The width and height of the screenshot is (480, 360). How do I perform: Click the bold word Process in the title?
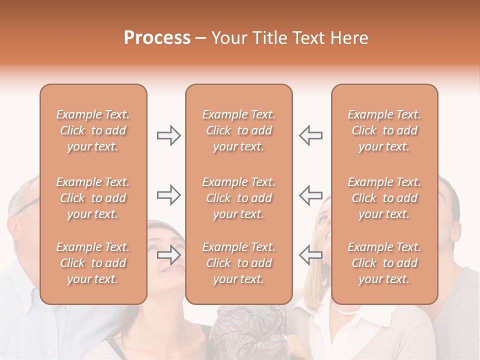[157, 38]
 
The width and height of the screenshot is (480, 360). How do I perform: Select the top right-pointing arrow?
[168, 135]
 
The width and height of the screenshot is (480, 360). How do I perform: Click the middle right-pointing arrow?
[168, 195]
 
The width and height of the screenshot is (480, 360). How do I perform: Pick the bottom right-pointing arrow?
[168, 255]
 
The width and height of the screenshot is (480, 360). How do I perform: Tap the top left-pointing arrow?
[310, 135]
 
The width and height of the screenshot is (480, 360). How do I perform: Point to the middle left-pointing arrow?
[310, 195]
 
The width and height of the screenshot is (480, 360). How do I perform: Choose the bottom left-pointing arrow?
[310, 255]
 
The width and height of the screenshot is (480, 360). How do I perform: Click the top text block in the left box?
[93, 130]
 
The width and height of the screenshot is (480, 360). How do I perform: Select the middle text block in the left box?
[93, 198]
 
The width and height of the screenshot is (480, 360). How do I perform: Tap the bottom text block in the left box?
[93, 263]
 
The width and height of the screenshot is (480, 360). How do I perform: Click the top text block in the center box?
[238, 130]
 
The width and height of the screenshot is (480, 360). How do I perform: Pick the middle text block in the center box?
[238, 198]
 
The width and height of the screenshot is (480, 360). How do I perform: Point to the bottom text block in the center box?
[238, 263]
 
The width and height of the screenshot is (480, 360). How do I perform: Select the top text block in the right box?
[384, 130]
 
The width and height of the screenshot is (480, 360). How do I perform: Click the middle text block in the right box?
[384, 198]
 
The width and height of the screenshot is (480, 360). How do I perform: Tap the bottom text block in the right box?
[384, 263]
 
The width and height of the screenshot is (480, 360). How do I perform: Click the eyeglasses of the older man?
[29, 205]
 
